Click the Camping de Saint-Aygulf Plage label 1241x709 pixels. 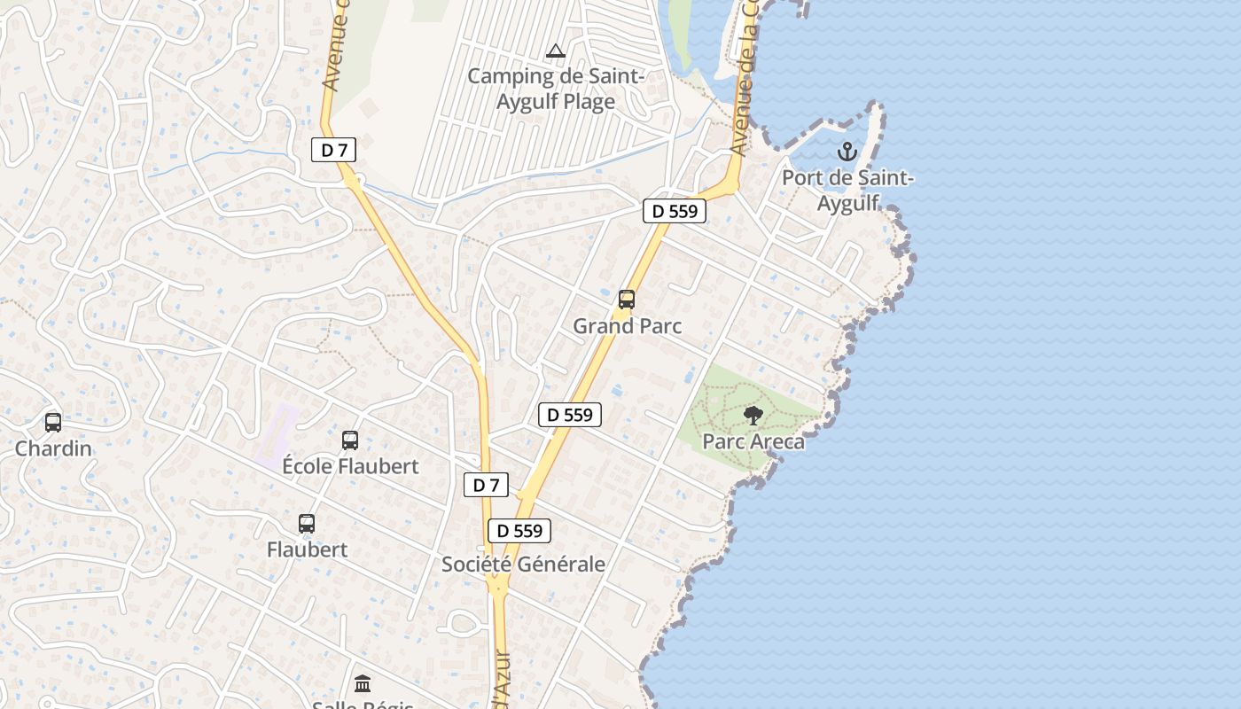[556, 89]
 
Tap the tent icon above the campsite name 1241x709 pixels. [556, 51]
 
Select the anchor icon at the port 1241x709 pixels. [847, 152]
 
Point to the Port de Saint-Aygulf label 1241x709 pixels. [847, 191]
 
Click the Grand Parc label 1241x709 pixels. [627, 326]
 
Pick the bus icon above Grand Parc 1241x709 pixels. [627, 300]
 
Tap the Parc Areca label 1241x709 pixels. [753, 441]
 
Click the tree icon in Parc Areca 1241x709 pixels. [753, 416]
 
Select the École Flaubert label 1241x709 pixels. [350, 466]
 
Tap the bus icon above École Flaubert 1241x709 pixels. [350, 440]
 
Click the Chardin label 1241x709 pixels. [53, 448]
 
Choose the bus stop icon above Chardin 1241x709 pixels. [53, 423]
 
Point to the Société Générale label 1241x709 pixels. [523, 565]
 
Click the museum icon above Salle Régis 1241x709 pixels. [363, 684]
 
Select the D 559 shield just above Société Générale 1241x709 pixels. [519, 531]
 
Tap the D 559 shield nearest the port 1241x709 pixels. [675, 211]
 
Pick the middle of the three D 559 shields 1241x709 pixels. [570, 414]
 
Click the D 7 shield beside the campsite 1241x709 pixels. [333, 151]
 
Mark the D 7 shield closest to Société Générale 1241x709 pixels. [486, 485]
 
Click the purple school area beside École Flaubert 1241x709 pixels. [277, 437]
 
